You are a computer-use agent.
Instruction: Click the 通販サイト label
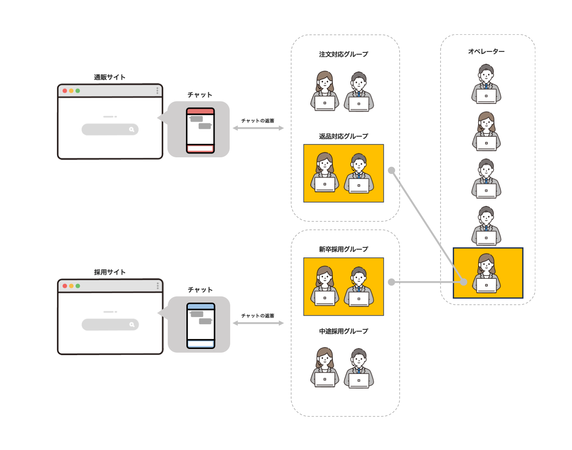tap(110, 77)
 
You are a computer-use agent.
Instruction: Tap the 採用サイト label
tap(110, 272)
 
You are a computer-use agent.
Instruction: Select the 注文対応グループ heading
tap(344, 54)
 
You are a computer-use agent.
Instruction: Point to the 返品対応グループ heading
tap(344, 136)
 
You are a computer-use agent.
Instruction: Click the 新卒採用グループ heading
tap(344, 249)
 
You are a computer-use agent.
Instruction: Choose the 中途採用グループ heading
tap(344, 331)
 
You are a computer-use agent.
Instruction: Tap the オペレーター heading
tap(486, 51)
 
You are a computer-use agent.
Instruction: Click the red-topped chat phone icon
tap(200, 131)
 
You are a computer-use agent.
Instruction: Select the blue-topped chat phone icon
tap(200, 325)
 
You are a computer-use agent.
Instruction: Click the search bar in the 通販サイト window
tap(110, 129)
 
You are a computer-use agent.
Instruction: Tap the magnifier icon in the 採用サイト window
tap(132, 325)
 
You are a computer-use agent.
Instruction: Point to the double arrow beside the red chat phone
tap(258, 128)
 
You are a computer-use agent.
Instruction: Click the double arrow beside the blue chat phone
tap(258, 323)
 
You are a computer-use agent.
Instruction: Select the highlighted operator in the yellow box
tap(486, 273)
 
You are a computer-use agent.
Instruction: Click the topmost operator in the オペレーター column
tap(486, 84)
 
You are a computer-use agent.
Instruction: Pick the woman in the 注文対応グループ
tap(325, 91)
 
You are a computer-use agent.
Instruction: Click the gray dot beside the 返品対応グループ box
tap(391, 170)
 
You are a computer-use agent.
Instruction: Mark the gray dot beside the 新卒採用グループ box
tap(391, 282)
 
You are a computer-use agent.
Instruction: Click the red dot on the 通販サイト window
tap(65, 91)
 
